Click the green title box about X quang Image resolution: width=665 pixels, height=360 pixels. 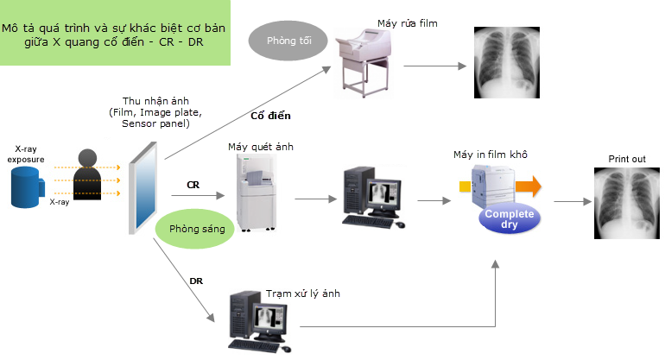tap(116, 35)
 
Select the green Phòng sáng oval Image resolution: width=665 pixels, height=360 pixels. tap(197, 229)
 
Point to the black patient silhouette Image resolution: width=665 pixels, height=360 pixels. tap(87, 182)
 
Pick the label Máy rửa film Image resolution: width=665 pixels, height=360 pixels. tap(408, 23)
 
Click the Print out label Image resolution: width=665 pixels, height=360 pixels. tap(625, 160)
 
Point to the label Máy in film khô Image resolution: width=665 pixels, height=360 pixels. tap(491, 155)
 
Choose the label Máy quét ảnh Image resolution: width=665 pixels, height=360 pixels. tap(261, 147)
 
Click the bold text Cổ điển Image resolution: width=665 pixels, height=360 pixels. tap(270, 115)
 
